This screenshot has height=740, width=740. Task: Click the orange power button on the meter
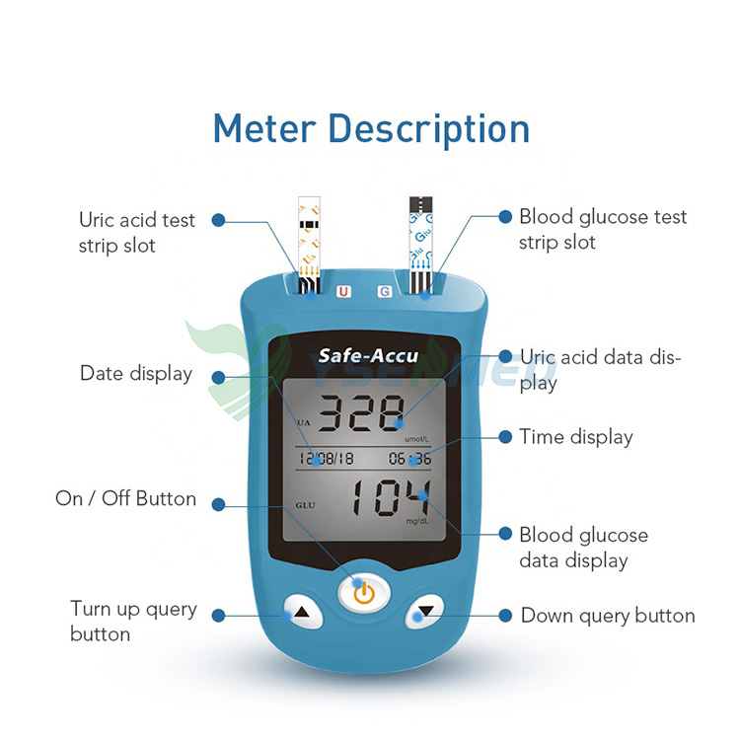[x=364, y=592]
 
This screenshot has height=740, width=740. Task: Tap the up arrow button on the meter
[x=302, y=612]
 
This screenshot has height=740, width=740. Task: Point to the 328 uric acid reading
[x=365, y=411]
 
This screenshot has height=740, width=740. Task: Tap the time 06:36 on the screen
[x=409, y=458]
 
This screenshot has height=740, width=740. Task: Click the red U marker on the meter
[x=343, y=291]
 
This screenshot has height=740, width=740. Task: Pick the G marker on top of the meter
[x=384, y=291]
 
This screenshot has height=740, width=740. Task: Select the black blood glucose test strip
[x=421, y=237]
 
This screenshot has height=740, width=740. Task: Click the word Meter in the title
[x=264, y=129]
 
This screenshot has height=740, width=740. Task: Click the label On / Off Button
[x=125, y=499]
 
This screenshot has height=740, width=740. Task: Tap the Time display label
[x=576, y=437]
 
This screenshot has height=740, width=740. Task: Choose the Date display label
[x=136, y=374]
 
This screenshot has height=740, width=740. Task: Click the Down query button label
[x=608, y=616]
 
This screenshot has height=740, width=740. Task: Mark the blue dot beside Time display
[x=505, y=437]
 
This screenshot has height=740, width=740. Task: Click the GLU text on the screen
[x=306, y=505]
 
